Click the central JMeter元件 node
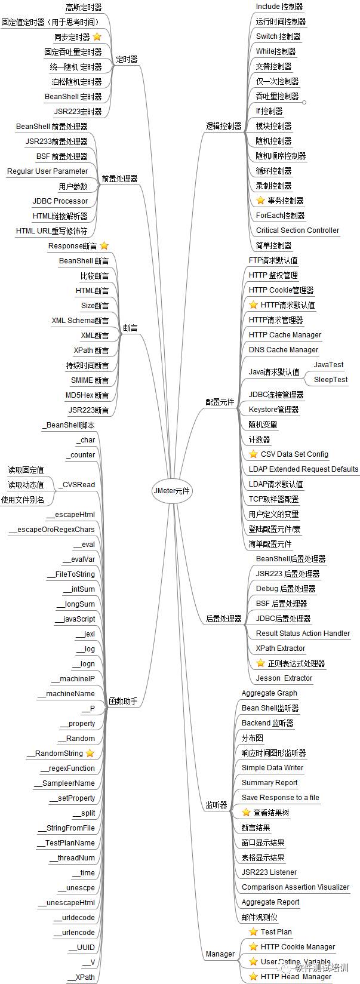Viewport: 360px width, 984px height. [171, 491]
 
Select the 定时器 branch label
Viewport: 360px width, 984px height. [127, 59]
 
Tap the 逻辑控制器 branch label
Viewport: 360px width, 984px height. [223, 126]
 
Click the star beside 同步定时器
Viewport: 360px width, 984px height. [97, 37]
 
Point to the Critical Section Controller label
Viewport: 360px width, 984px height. [297, 230]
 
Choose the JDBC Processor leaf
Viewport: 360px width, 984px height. [60, 201]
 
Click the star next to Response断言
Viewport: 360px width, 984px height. [104, 245]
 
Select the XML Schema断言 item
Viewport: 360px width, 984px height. [80, 321]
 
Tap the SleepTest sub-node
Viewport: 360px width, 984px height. [331, 380]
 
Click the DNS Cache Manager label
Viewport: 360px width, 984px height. [284, 350]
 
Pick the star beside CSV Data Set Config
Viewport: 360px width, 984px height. [253, 454]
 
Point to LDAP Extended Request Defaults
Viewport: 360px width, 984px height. [303, 469]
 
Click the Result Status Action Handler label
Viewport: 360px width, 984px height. [303, 634]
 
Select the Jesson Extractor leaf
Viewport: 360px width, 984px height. [284, 678]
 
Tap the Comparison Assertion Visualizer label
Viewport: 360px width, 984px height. [296, 887]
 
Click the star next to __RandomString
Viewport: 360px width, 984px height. [90, 753]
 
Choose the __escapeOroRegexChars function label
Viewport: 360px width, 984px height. [51, 530]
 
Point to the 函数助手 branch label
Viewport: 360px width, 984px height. [123, 701]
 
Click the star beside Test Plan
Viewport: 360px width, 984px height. [253, 931]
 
